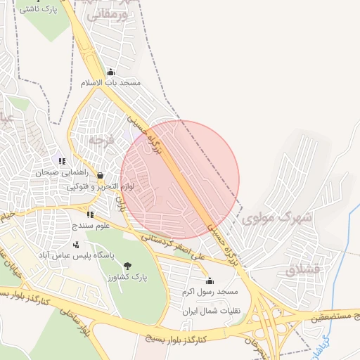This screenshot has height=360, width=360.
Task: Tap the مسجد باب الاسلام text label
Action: pyautogui.click(x=120, y=83)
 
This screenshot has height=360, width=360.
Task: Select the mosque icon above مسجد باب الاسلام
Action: pyautogui.click(x=110, y=72)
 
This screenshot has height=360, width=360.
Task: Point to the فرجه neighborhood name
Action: pyautogui.click(x=100, y=140)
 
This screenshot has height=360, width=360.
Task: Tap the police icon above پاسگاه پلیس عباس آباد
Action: pyautogui.click(x=76, y=244)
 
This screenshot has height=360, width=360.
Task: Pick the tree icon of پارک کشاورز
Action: pyautogui.click(x=127, y=266)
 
